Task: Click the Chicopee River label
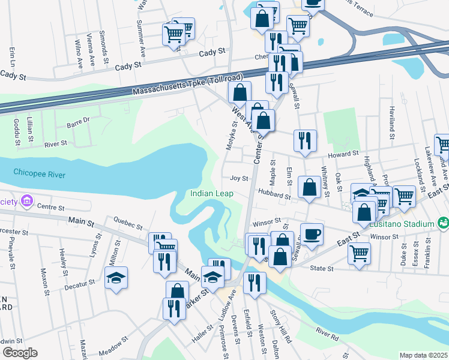pos(37,174)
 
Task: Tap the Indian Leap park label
pos(212,193)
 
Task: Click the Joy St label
pos(239,178)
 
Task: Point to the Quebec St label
pos(127,227)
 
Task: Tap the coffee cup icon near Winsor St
pos(311,233)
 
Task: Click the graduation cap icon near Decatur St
pos(116,277)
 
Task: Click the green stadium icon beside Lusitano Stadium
pos(443,224)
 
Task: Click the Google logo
pos(20,353)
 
